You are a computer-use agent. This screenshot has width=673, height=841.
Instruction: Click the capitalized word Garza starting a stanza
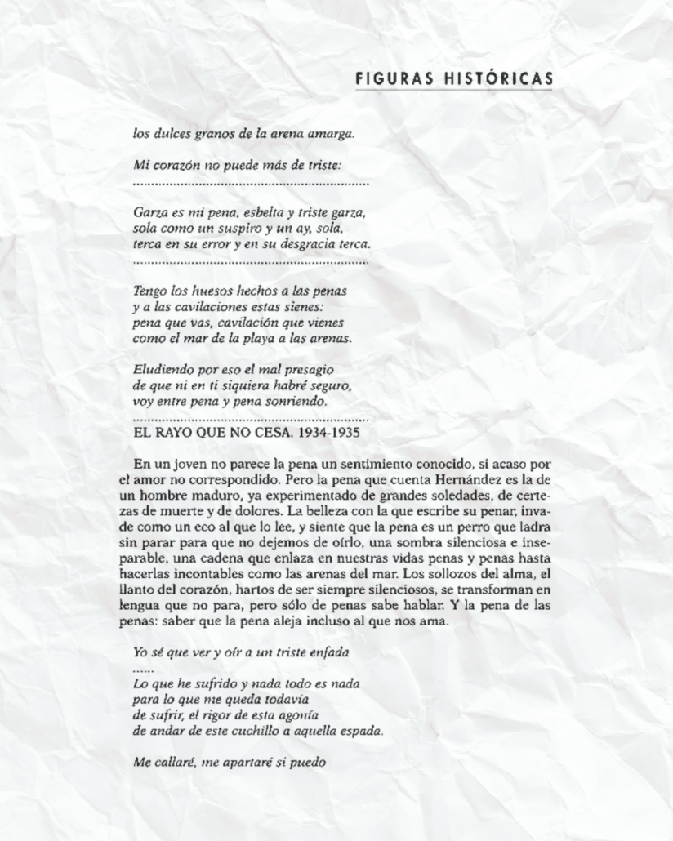tap(149, 212)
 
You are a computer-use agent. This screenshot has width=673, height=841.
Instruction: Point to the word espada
tap(359, 730)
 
